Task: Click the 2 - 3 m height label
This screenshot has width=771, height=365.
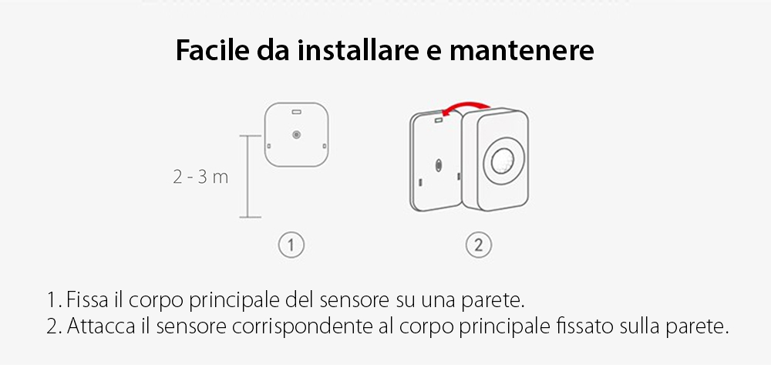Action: pos(200,177)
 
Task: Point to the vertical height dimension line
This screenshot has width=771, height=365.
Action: pos(247,177)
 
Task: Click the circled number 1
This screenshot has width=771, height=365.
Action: pos(291,246)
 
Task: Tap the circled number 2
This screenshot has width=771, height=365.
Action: pos(478,246)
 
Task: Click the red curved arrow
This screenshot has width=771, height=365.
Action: pos(463,108)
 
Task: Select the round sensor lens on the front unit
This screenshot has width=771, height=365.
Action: pos(502,161)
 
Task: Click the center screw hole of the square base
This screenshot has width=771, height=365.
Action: pos(296,135)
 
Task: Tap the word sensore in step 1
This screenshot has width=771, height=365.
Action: pos(362,299)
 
